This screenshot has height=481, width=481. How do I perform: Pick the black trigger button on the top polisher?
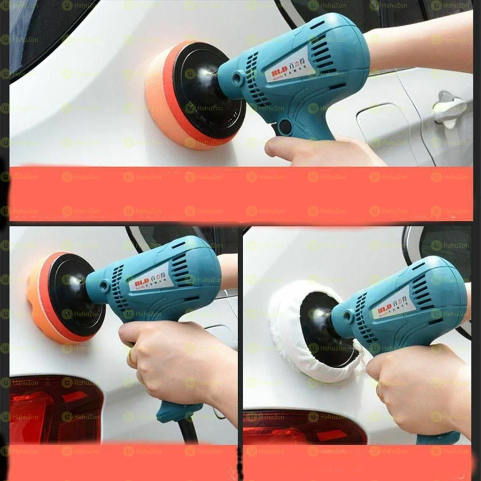284,126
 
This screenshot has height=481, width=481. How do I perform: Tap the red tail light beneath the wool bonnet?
301,427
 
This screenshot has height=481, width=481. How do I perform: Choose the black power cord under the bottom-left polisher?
188,432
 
